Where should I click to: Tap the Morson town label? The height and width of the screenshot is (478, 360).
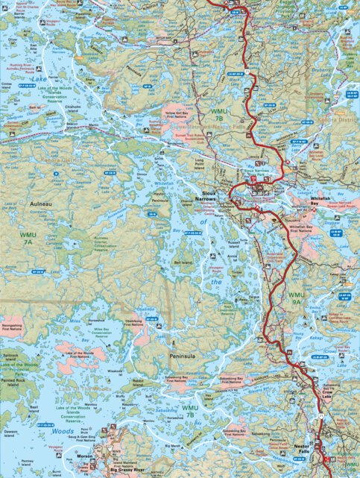(84, 456)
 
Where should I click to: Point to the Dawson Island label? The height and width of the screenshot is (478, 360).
(10, 435)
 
